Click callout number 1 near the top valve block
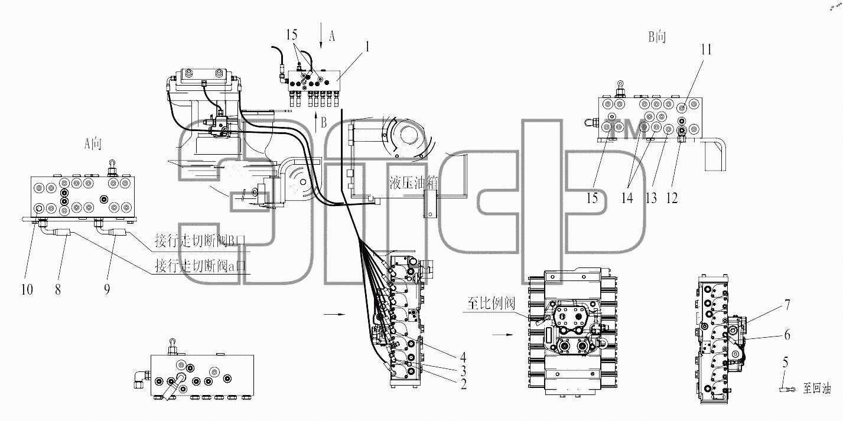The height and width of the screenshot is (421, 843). (367, 47)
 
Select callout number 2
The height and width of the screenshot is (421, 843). (463, 384)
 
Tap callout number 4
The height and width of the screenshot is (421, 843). (463, 357)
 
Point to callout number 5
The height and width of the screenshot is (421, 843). (786, 362)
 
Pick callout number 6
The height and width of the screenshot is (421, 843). (787, 335)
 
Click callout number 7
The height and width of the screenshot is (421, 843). (787, 304)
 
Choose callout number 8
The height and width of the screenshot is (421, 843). (58, 289)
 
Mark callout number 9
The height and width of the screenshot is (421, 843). (108, 289)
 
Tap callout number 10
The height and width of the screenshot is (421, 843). (27, 289)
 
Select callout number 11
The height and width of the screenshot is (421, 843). (706, 49)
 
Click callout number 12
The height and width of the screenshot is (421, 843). (672, 198)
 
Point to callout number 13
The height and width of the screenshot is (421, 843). (651, 198)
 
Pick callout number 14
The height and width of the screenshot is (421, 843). (627, 198)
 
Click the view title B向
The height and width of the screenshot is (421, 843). (657, 37)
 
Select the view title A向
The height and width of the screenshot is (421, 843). (93, 143)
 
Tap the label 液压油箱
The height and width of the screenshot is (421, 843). (413, 183)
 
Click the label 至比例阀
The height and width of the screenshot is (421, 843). (491, 303)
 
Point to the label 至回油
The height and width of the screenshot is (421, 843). (817, 389)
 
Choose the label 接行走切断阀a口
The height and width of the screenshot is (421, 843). (200, 266)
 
